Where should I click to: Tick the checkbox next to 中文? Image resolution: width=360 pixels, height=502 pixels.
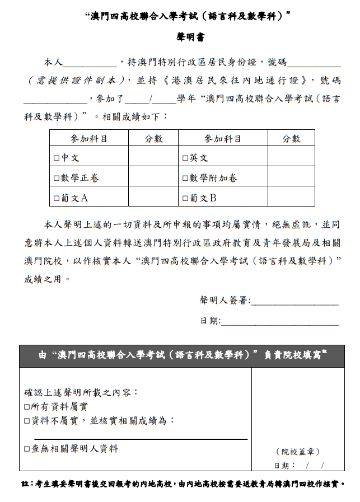click(57, 158)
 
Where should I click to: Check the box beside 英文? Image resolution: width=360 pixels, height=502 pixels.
click(185, 158)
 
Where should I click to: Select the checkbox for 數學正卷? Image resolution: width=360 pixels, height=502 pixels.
click(57, 179)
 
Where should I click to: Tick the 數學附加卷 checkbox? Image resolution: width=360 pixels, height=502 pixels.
click(185, 179)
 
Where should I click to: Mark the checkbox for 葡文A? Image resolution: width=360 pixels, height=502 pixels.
click(57, 198)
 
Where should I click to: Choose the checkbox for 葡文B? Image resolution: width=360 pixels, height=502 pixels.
click(185, 198)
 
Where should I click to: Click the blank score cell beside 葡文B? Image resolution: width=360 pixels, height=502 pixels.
click(291, 198)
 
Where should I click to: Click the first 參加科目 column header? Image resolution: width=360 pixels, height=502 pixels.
click(88, 139)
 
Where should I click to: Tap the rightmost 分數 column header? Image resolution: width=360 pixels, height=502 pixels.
click(291, 139)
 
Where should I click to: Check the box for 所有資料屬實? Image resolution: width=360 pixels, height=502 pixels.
click(27, 407)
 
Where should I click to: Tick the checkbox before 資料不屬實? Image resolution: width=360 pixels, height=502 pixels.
click(27, 421)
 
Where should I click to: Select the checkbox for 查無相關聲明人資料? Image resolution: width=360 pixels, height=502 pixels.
click(27, 449)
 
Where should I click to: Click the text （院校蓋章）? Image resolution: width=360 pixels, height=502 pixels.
click(297, 452)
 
